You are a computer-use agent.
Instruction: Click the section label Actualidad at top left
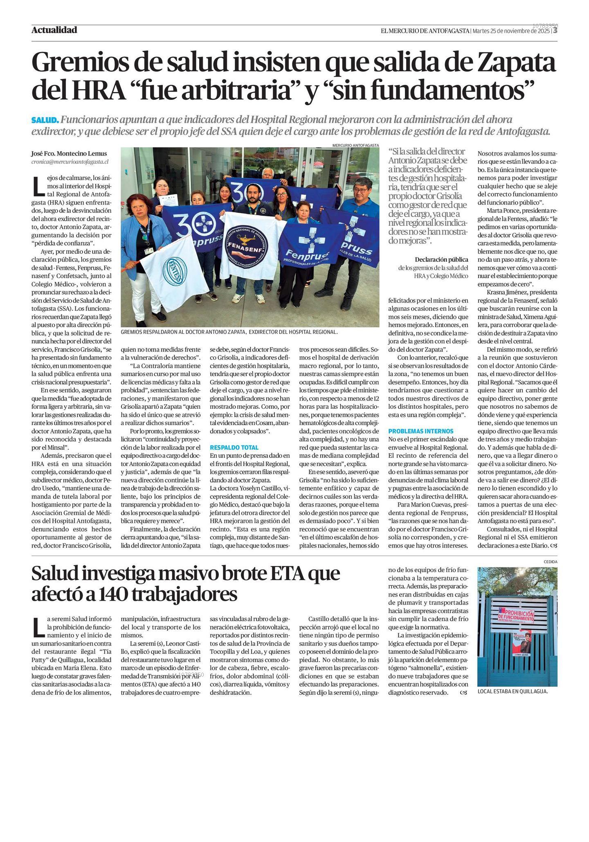pos(54,30)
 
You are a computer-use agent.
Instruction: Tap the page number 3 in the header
pos(555,31)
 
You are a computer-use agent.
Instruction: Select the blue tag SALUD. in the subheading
pos(45,120)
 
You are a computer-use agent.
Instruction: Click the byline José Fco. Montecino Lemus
pos(69,153)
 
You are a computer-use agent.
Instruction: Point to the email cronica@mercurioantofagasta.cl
pos(70,162)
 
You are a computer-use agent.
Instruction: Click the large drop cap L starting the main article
pos(38,186)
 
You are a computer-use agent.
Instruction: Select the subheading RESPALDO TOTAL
pos(234,447)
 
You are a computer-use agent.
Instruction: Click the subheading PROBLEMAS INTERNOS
pos(420,431)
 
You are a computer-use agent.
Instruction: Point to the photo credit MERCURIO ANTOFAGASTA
pos(355,145)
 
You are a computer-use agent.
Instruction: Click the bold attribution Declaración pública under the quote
pos(441,259)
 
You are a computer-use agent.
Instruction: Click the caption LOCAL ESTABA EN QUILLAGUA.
pos(512,691)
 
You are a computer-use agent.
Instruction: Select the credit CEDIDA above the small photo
pos(550,562)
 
